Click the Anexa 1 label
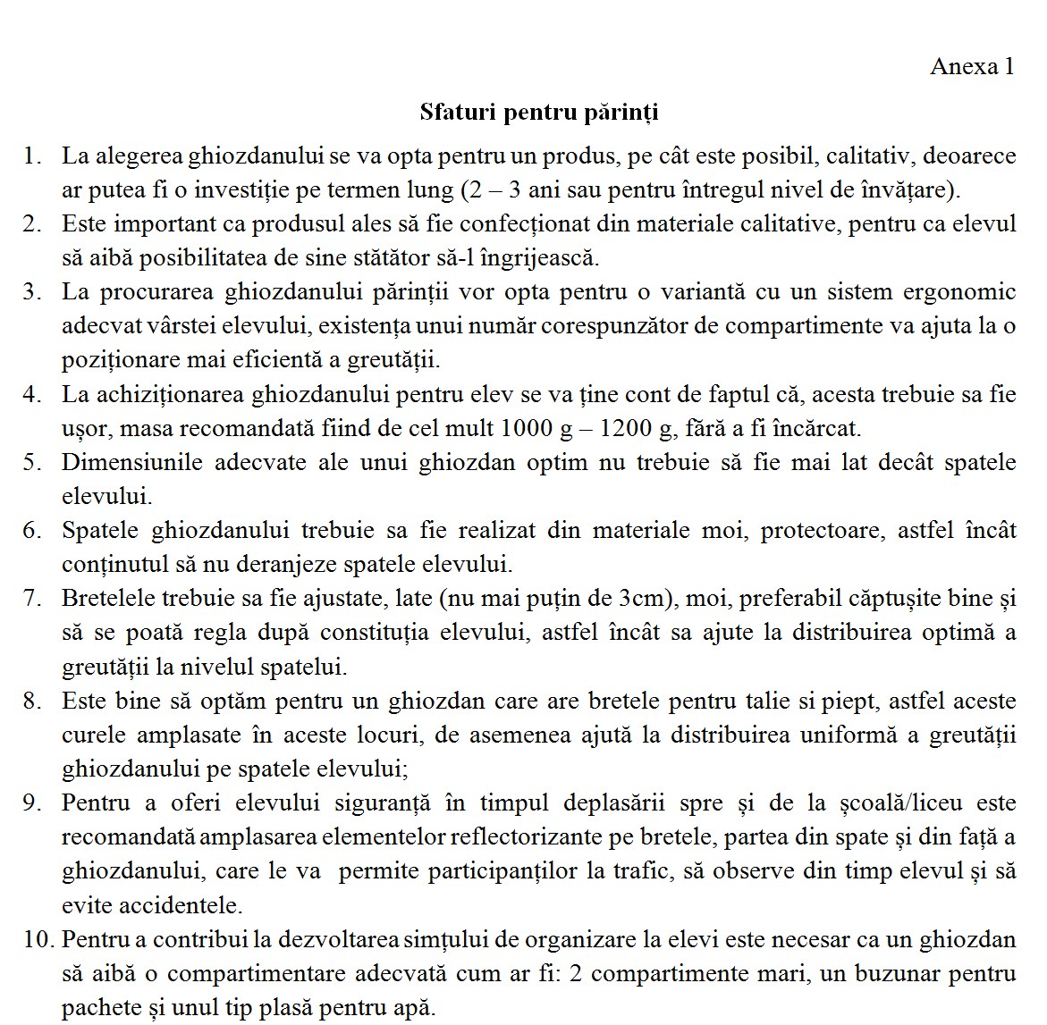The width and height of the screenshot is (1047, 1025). tap(972, 67)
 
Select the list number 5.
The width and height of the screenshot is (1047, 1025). tap(32, 463)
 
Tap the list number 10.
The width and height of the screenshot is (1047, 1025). tap(36, 940)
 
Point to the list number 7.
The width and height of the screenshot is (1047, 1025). tap(32, 599)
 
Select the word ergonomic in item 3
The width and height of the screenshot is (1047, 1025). tap(964, 292)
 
